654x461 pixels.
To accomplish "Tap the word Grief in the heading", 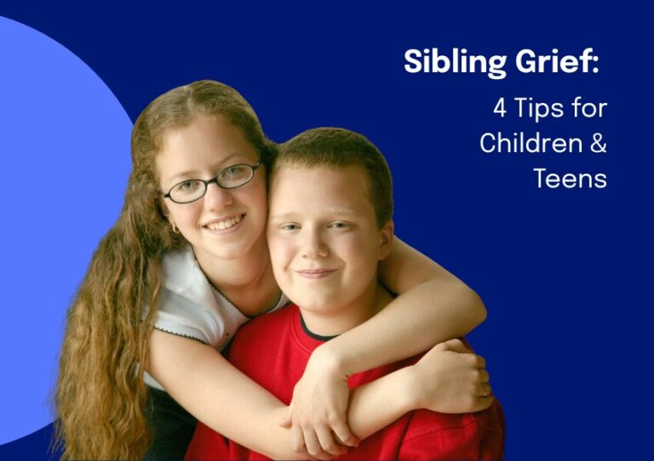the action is (552, 61).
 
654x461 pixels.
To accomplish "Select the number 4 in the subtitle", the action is (500, 108).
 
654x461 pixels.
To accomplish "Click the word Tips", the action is (539, 110).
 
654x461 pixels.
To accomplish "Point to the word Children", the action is (531, 143).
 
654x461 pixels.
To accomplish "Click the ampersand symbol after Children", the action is (599, 143).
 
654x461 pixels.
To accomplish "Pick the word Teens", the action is (571, 179).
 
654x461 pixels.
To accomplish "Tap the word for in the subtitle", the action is (589, 108).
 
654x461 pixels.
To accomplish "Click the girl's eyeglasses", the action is (213, 183).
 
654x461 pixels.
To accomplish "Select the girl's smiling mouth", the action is (225, 222).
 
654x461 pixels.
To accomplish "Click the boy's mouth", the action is (316, 273).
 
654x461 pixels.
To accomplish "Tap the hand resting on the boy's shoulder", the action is (452, 375).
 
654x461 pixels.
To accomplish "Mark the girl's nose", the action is (220, 198).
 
